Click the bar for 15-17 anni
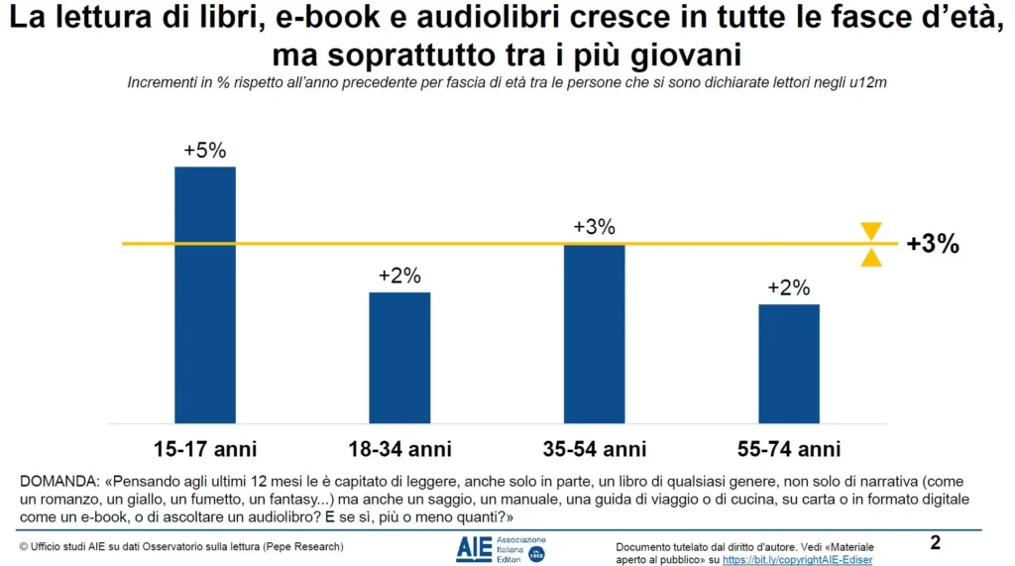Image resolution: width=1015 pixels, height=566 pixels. tap(205, 294)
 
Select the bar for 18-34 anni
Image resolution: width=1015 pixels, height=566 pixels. tap(399, 357)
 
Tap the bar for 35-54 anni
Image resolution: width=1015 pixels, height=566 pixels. tap(594, 333)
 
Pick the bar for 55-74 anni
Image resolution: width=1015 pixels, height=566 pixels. tap(789, 363)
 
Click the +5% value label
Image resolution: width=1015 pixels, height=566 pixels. tap(205, 151)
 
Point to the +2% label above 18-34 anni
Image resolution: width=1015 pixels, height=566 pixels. tap(399, 277)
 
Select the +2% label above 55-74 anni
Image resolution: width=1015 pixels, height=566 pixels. tap(789, 288)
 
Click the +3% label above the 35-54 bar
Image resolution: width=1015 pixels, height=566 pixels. tap(594, 227)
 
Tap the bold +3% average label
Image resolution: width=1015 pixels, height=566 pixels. tap(933, 245)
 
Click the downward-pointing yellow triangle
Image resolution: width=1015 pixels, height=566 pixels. tap(871, 232)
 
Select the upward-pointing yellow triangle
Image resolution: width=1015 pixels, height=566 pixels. tap(871, 258)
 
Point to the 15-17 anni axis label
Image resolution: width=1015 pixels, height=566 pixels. tap(205, 448)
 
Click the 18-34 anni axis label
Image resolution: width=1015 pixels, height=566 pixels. tap(399, 448)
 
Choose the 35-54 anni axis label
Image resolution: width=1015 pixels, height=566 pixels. tap(594, 448)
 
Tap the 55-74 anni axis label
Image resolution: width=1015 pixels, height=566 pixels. tap(789, 448)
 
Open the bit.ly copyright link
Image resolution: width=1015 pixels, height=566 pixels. tap(797, 560)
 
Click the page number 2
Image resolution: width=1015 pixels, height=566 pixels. tap(936, 543)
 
